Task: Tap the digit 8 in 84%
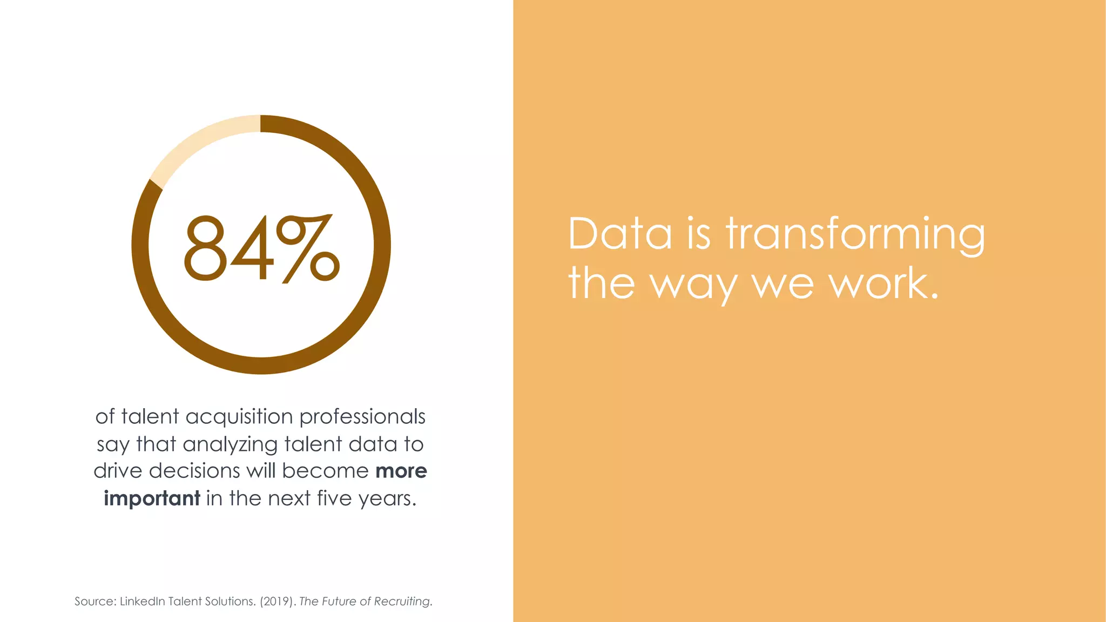tap(205, 248)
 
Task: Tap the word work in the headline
tap(882, 283)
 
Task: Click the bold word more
tap(401, 471)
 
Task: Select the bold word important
tap(152, 498)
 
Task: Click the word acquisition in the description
tap(239, 417)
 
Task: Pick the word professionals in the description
tap(362, 417)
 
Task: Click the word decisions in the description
tap(194, 471)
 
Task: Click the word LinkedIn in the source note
tap(142, 601)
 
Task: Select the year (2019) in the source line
tap(278, 601)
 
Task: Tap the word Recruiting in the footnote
tap(402, 601)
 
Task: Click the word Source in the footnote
tap(94, 601)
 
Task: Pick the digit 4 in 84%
tap(253, 248)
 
